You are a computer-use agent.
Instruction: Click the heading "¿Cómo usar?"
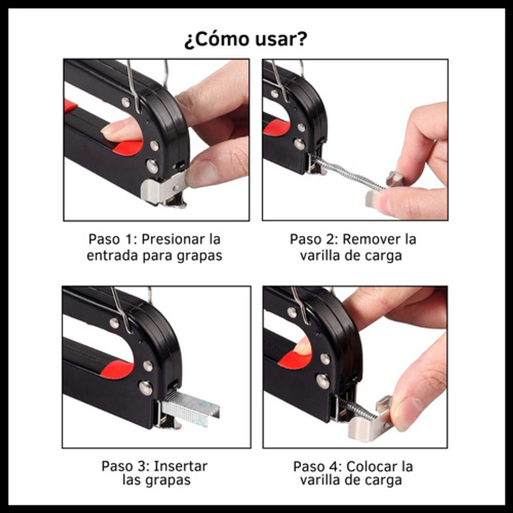[x=246, y=40]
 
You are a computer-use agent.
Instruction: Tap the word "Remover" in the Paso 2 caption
[x=371, y=239]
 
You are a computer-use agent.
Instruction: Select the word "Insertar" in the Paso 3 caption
[x=180, y=466]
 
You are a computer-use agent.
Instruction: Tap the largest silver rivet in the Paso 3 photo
[x=146, y=388]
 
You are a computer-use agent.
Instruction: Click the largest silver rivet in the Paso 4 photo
[x=323, y=381]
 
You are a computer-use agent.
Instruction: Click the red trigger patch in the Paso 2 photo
[x=277, y=127]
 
